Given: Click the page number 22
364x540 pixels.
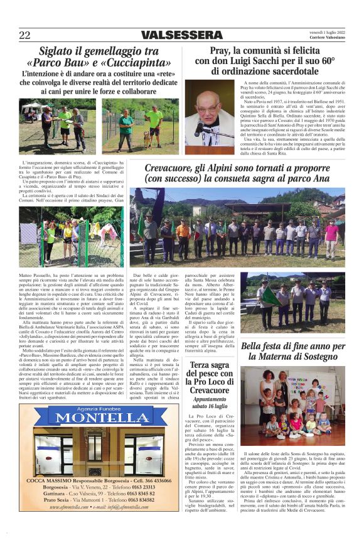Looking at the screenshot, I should coord(24,35).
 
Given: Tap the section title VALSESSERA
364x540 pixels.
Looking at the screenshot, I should coord(181,35).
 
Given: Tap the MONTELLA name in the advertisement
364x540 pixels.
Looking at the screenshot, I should coord(92,435).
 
